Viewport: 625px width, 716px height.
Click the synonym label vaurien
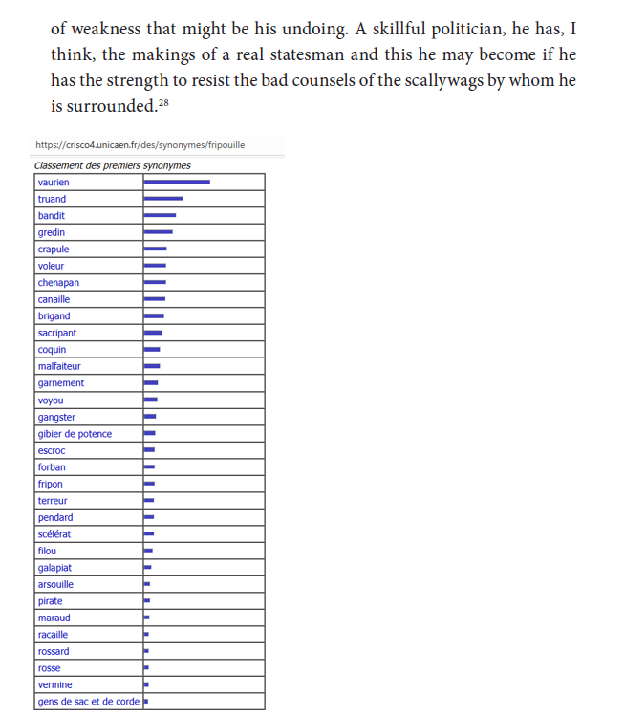pos(54,183)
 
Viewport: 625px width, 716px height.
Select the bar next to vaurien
pos(177,182)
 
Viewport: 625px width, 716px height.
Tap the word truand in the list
pos(52,199)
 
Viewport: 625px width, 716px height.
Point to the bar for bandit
pos(160,215)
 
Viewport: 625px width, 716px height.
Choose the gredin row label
pos(52,232)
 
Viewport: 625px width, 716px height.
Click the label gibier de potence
pos(75,434)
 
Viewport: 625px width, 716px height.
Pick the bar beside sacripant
pos(153,333)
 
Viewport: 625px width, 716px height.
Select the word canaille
pos(54,299)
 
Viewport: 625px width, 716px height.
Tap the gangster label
pos(56,417)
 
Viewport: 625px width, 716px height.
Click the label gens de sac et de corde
pos(88,702)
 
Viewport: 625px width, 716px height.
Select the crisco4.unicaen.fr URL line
pos(140,145)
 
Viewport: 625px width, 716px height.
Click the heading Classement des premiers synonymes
pos(112,165)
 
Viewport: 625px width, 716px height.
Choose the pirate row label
pos(51,601)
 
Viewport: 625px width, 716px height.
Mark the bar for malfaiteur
pos(152,366)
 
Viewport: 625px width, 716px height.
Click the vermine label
pos(54,685)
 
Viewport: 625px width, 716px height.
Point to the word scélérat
pos(54,534)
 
